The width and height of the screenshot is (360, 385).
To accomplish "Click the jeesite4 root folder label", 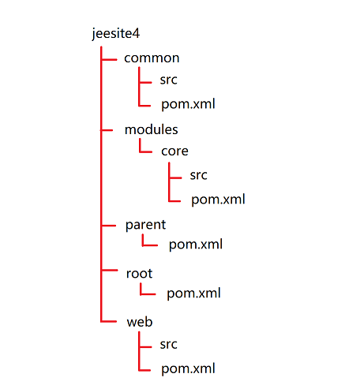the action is [116, 34].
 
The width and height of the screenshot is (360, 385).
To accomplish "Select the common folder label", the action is [152, 58].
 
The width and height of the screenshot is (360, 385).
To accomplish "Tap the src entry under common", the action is [169, 80].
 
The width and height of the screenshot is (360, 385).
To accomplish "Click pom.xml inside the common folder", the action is [188, 104].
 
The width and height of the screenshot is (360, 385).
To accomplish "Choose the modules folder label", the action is [152, 129].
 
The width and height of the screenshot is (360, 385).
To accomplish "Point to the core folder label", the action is [174, 151].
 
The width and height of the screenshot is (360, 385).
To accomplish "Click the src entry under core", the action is [199, 175].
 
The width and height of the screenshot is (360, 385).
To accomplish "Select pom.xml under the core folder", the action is [218, 200].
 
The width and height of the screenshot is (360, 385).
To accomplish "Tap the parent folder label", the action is [145, 225].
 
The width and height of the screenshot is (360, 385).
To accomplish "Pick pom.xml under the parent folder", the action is [196, 245].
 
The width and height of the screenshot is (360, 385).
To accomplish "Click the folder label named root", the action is [139, 274].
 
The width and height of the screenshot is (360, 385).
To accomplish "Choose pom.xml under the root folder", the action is [193, 293].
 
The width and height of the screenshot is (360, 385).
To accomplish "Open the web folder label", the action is [140, 322].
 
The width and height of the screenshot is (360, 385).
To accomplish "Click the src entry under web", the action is [169, 345].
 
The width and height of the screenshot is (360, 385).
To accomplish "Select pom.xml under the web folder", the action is [188, 368].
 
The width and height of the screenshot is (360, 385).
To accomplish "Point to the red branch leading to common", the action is [109, 60].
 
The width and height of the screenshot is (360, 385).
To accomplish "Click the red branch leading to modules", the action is [107, 130].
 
